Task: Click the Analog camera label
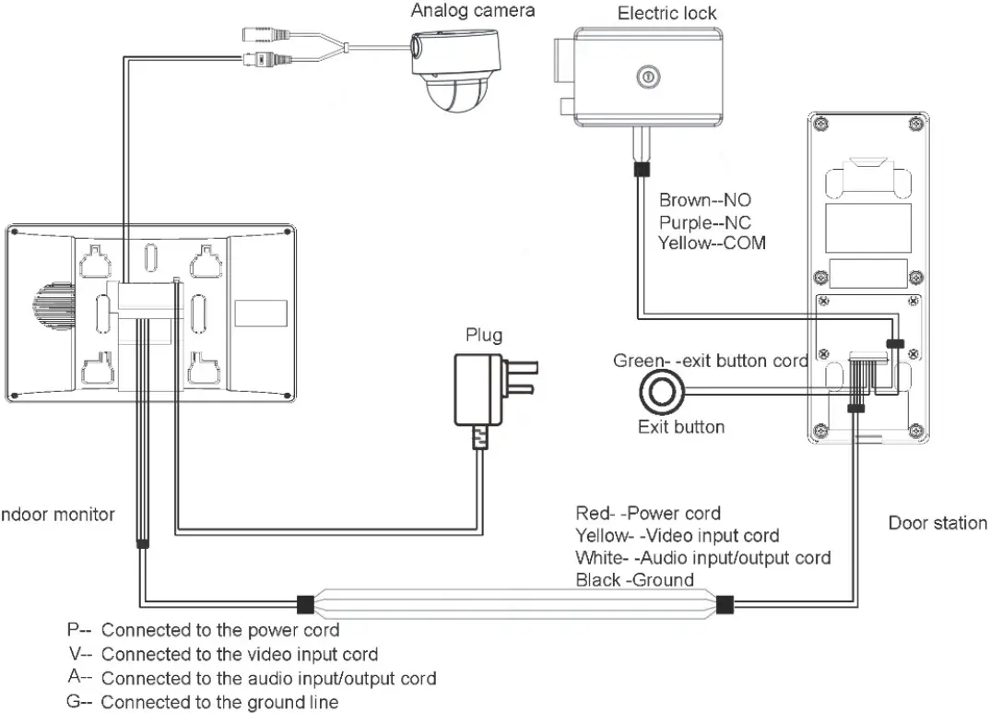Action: pyautogui.click(x=472, y=11)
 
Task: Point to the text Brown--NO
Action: pyautogui.click(x=705, y=200)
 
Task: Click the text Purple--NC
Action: pyautogui.click(x=705, y=222)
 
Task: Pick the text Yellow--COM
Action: pyautogui.click(x=712, y=244)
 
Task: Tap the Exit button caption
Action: pyautogui.click(x=681, y=427)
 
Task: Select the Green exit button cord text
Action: pyautogui.click(x=710, y=361)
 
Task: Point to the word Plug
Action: pyautogui.click(x=484, y=335)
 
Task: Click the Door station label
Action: pyautogui.click(x=937, y=523)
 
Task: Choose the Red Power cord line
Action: pyautogui.click(x=648, y=513)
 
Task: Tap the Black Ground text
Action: pyautogui.click(x=634, y=580)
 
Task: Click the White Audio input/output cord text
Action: pyautogui.click(x=702, y=557)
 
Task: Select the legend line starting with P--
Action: pyautogui.click(x=203, y=631)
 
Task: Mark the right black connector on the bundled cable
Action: pyautogui.click(x=725, y=605)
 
